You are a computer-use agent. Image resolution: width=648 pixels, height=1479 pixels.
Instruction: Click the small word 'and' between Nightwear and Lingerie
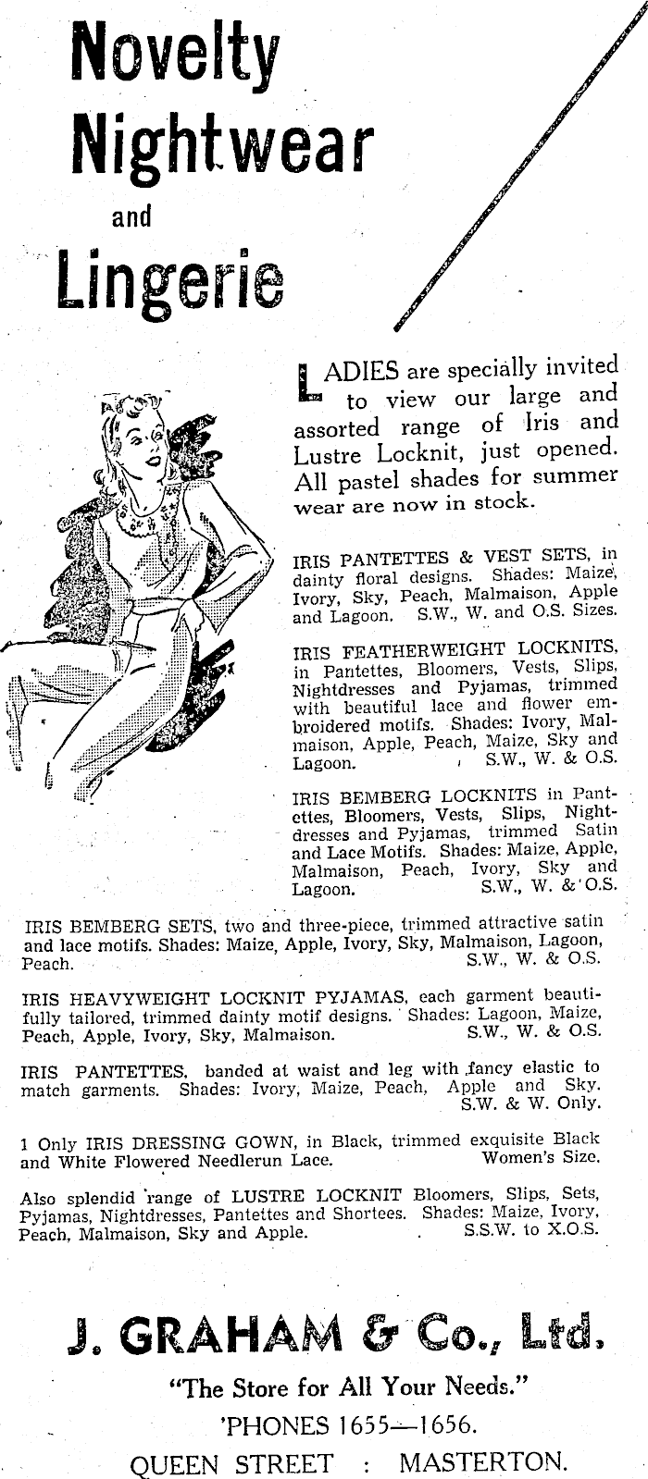[x=131, y=218]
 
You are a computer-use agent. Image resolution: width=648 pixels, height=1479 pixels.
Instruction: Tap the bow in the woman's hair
[x=120, y=403]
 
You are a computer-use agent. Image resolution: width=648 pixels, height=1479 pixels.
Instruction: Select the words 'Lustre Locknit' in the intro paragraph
[x=365, y=454]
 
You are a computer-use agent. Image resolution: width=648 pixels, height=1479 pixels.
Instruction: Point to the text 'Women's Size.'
[x=541, y=1158]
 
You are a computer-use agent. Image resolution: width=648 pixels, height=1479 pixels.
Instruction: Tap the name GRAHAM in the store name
[x=213, y=1337]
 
